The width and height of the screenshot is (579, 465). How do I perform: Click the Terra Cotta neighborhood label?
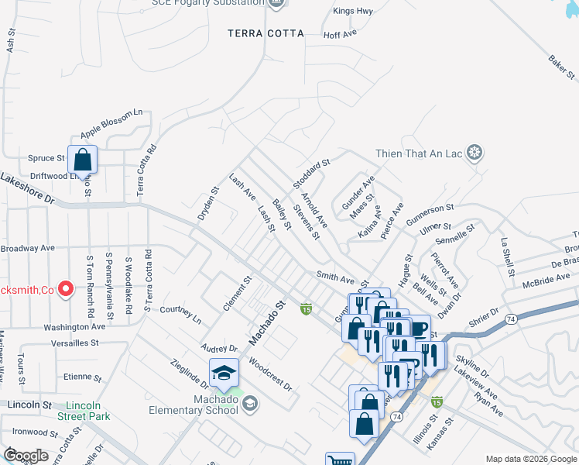pos(266,33)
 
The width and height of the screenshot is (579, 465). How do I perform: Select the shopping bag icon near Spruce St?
pos(82,160)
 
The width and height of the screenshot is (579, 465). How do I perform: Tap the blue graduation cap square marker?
pos(224,373)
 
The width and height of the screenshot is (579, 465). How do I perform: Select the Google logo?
pos(26,455)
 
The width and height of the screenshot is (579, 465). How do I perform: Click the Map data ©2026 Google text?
pos(530,459)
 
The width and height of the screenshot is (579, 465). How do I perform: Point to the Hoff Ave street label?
pos(339,35)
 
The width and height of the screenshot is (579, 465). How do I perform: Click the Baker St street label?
pos(562,67)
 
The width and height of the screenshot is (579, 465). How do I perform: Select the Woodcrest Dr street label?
pos(271,374)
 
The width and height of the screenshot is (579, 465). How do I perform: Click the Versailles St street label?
pos(75,342)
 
